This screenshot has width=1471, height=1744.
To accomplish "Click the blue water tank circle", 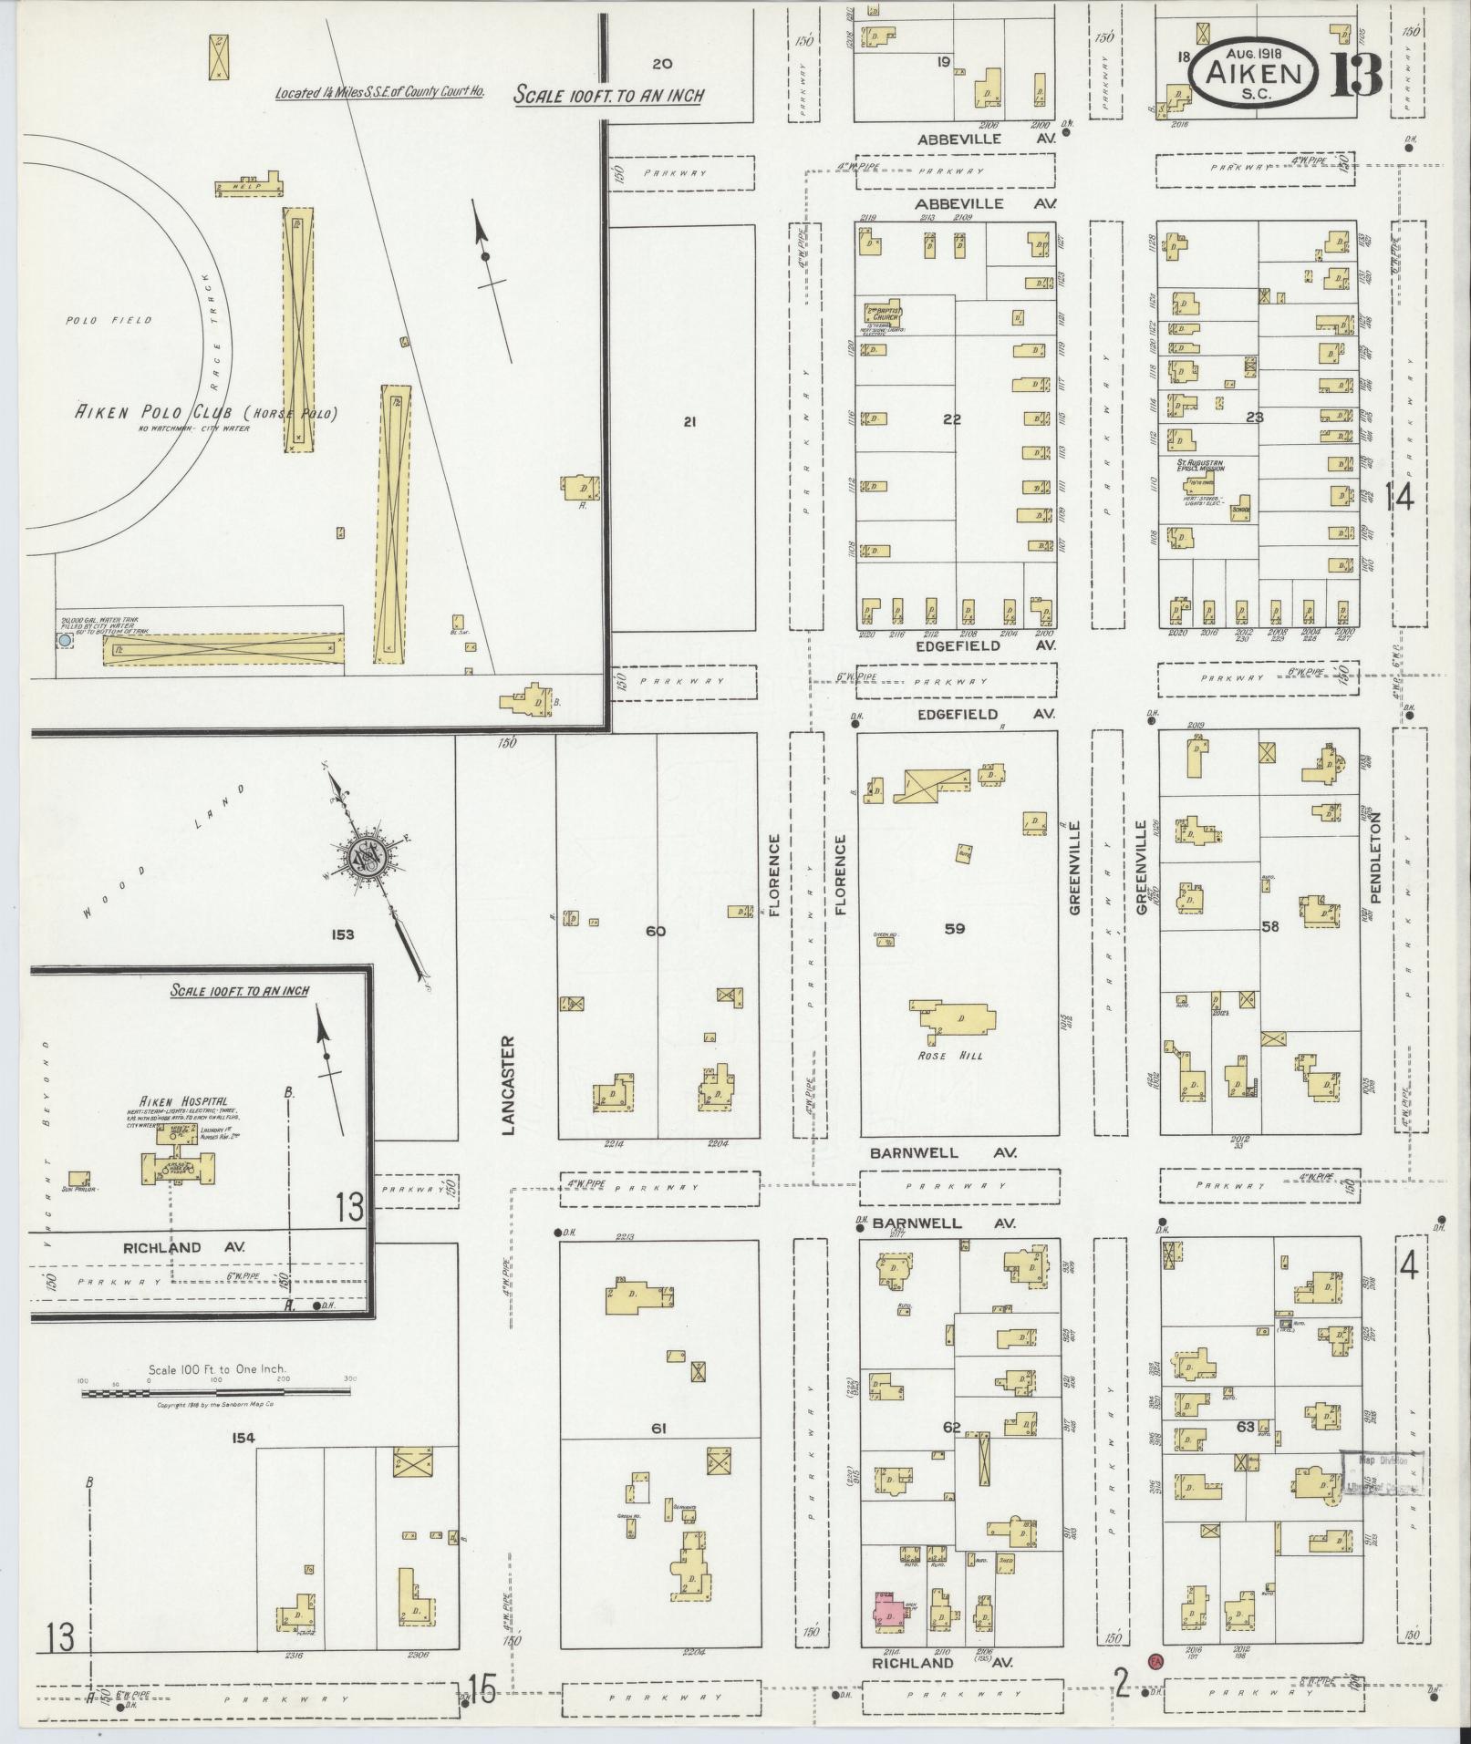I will (64, 642).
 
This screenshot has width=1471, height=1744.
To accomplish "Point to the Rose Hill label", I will (951, 1056).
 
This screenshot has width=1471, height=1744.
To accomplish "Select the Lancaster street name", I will (509, 1085).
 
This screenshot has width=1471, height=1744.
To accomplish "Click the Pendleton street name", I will (1375, 858).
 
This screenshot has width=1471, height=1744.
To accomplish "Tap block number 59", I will (954, 929).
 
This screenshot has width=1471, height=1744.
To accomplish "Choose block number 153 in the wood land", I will (343, 934).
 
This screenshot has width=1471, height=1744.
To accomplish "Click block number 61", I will (658, 1429).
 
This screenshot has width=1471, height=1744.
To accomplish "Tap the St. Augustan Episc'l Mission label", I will (1200, 465).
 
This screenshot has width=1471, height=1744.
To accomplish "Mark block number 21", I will (689, 421).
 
